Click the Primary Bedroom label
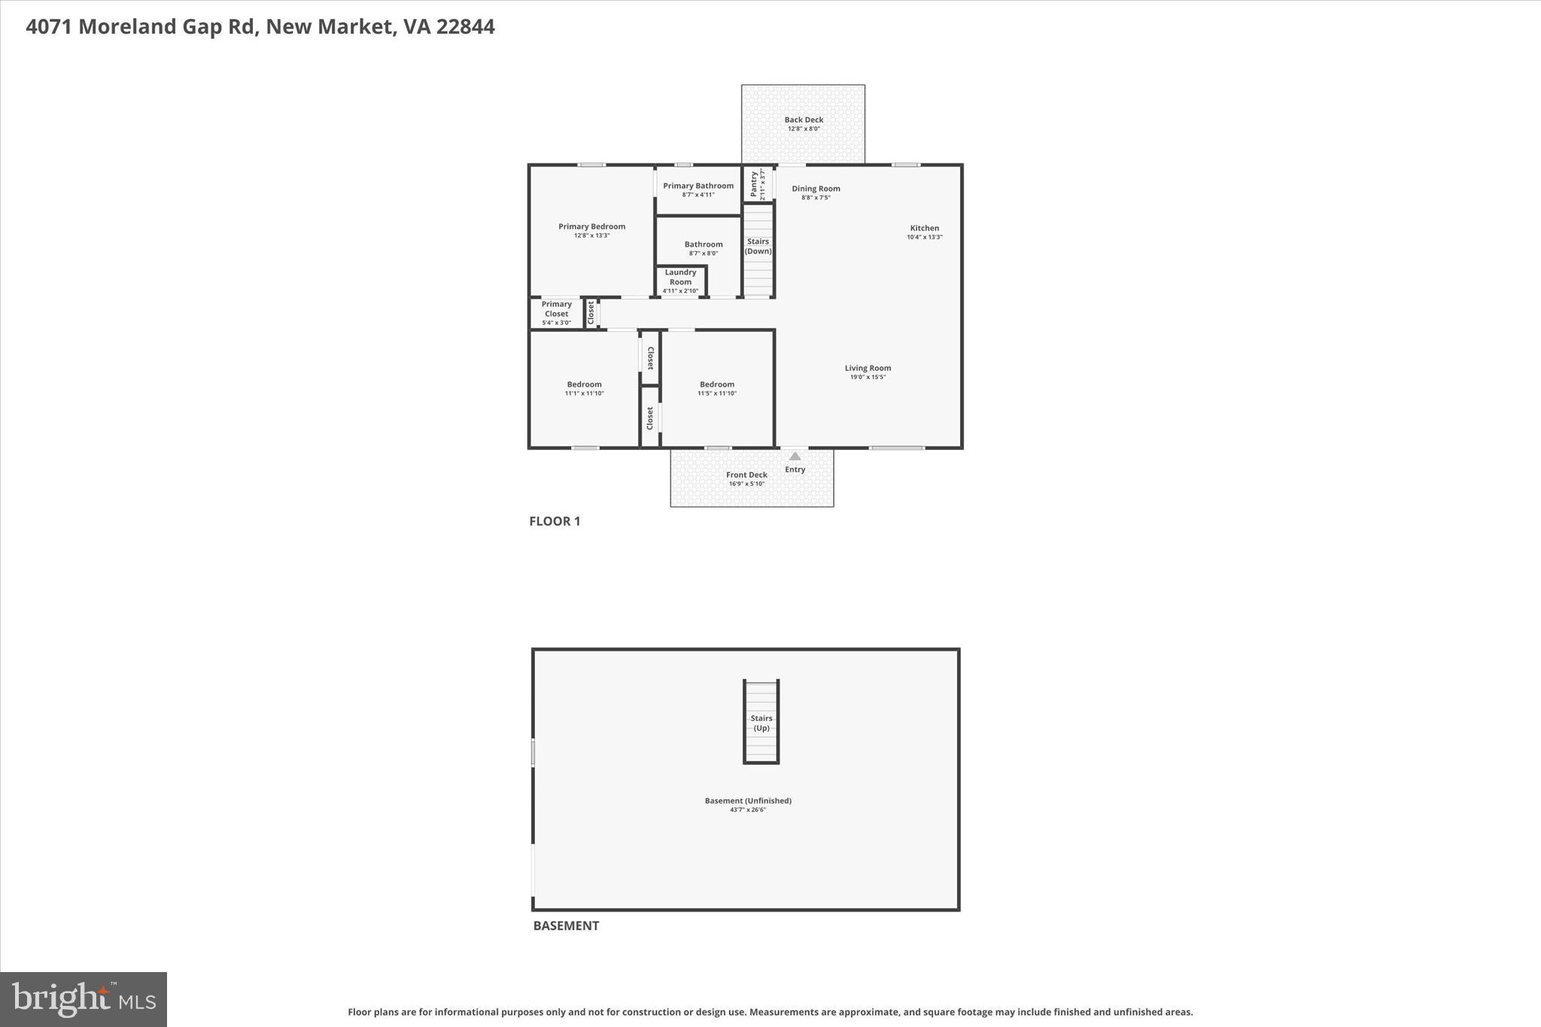[x=591, y=226]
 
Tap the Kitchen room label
[x=924, y=228]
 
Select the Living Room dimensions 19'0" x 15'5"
[x=868, y=377]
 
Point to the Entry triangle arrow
[x=795, y=456]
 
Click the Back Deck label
[x=804, y=120]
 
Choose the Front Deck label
[x=746, y=475]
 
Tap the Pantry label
[x=754, y=184]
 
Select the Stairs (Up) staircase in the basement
[x=761, y=722]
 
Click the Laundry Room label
[x=680, y=277]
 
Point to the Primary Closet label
[x=557, y=308]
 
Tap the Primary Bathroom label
[x=698, y=186]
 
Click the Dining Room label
[x=816, y=189]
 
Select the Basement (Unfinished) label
[x=748, y=801]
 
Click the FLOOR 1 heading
[x=555, y=521]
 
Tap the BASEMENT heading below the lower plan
[x=566, y=925]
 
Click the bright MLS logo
[x=84, y=999]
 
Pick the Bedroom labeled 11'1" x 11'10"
[x=584, y=384]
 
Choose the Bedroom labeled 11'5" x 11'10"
[x=716, y=384]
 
